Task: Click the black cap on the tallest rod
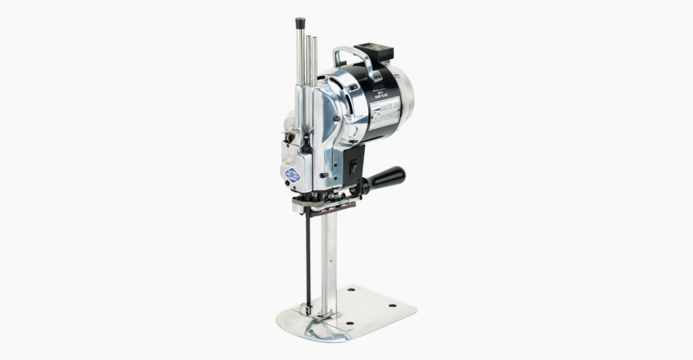pos(300,22)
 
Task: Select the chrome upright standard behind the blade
pos(327,257)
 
